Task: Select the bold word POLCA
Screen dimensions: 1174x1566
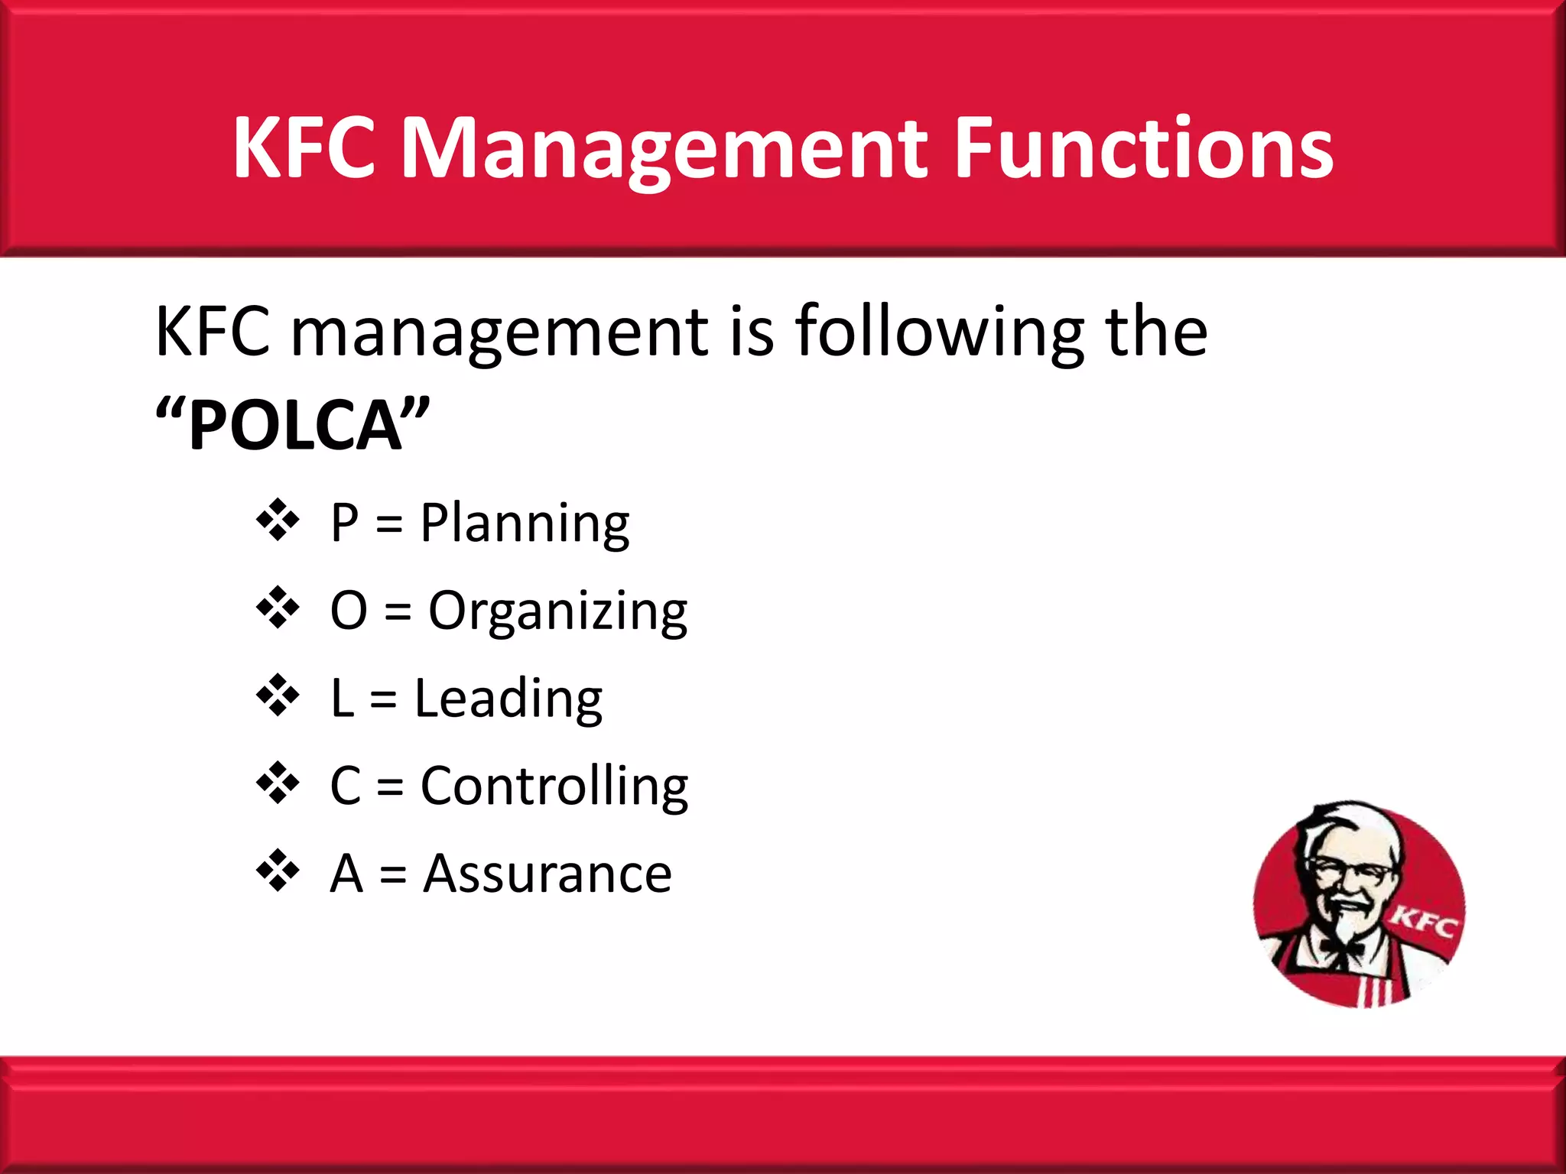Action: [x=294, y=426]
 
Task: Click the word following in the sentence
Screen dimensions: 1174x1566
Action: [x=939, y=332]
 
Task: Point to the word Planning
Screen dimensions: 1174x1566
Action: [x=525, y=524]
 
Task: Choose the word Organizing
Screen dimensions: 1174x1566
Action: [x=557, y=612]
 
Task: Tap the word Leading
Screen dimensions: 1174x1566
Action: [x=508, y=699]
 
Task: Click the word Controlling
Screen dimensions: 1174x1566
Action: [x=554, y=787]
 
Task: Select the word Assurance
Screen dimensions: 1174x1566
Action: [x=547, y=874]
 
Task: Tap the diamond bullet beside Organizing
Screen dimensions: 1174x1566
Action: [x=278, y=608]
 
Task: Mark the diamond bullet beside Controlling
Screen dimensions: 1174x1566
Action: [x=278, y=783]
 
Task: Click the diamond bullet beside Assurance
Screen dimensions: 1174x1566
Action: [x=278, y=871]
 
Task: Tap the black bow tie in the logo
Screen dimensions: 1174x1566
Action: [x=1343, y=949]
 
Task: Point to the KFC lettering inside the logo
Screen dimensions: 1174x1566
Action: [x=1422, y=923]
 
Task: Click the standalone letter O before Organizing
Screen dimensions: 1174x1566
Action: [x=349, y=611]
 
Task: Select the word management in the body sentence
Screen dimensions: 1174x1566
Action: [x=501, y=334]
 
